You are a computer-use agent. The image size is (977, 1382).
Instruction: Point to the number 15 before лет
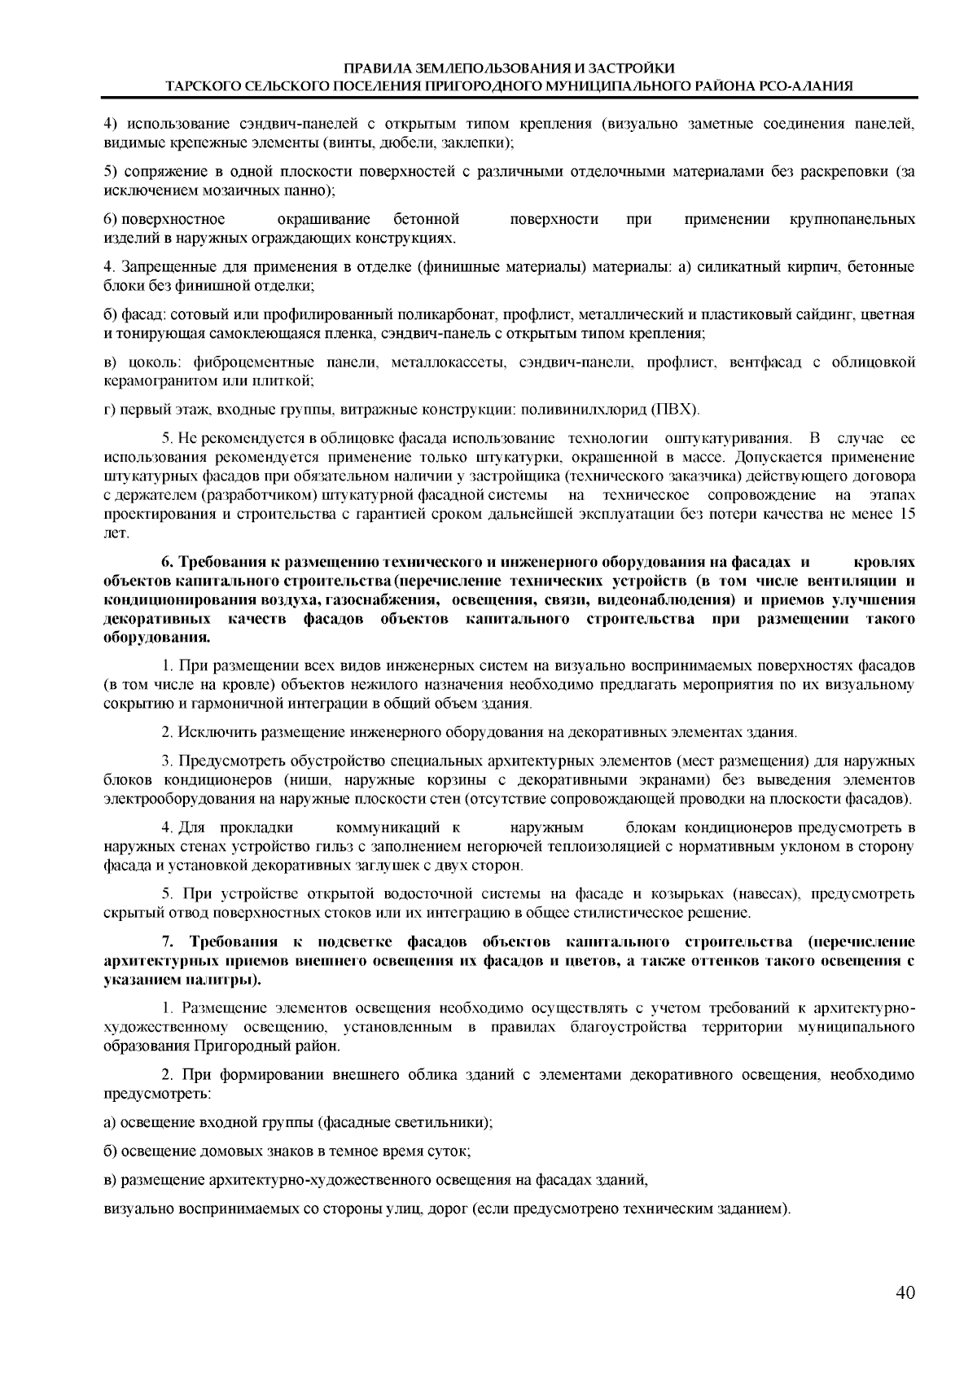click(x=906, y=514)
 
